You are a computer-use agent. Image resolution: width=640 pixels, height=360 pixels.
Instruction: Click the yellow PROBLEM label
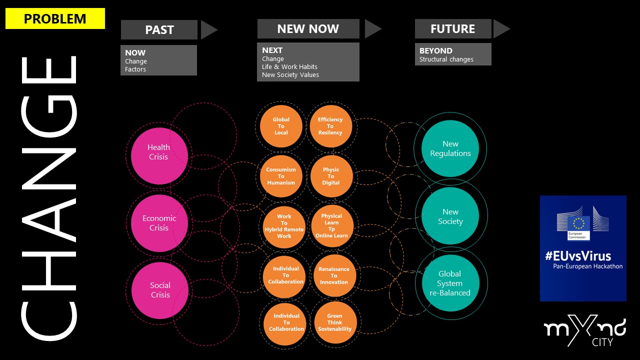pyautogui.click(x=55, y=19)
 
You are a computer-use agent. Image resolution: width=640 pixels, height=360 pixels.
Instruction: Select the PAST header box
pyautogui.click(x=159, y=29)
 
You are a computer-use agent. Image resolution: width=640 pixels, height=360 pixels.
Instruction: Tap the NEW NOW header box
pyautogui.click(x=308, y=29)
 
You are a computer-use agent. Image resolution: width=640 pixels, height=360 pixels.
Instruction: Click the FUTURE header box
pyautogui.click(x=452, y=29)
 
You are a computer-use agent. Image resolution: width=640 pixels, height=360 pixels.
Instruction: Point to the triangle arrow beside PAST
pyautogui.click(x=208, y=30)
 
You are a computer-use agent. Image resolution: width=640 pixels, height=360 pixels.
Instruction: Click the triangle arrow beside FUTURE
pyautogui.click(x=500, y=29)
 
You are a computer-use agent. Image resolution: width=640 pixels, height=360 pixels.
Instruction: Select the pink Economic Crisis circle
pyautogui.click(x=159, y=223)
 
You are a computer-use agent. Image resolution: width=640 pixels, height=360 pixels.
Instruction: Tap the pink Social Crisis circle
pyautogui.click(x=160, y=290)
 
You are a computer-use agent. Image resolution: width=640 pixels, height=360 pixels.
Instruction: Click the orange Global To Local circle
pyautogui.click(x=281, y=126)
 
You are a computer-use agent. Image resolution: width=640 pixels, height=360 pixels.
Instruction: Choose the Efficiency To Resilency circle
pyautogui.click(x=330, y=126)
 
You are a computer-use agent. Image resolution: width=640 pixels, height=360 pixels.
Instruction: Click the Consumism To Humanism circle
pyautogui.click(x=281, y=176)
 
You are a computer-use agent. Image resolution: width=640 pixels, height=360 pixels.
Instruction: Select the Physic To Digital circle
pyautogui.click(x=331, y=176)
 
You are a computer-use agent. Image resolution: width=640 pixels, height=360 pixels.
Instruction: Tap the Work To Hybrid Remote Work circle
pyautogui.click(x=284, y=226)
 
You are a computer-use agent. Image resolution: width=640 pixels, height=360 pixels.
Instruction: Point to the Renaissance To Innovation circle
pyautogui.click(x=333, y=275)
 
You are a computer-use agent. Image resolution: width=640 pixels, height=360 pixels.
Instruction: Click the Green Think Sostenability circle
pyautogui.click(x=334, y=322)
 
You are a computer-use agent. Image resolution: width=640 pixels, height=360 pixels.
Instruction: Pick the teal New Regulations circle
pyautogui.click(x=450, y=148)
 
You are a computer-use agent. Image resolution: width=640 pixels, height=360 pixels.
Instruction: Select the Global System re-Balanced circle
pyautogui.click(x=450, y=283)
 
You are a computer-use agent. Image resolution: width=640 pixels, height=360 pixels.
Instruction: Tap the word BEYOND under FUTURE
pyautogui.click(x=436, y=51)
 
